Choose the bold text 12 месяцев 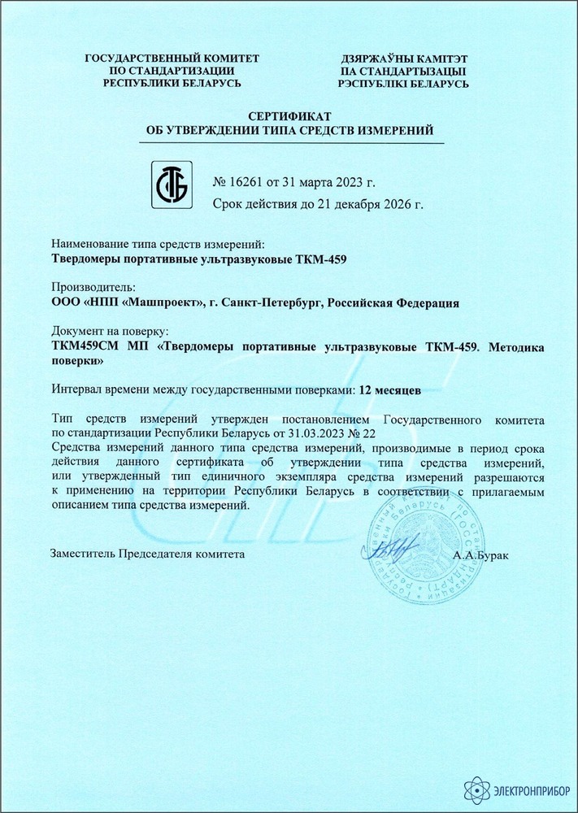[390, 389]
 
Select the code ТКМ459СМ [85, 346]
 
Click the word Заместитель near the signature [83, 553]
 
